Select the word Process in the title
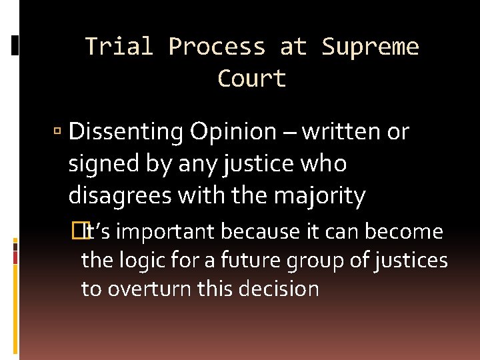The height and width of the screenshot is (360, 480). [218, 47]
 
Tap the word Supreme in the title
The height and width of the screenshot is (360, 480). [370, 47]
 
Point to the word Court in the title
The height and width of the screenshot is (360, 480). [252, 79]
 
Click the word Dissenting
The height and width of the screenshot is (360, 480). [126, 133]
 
